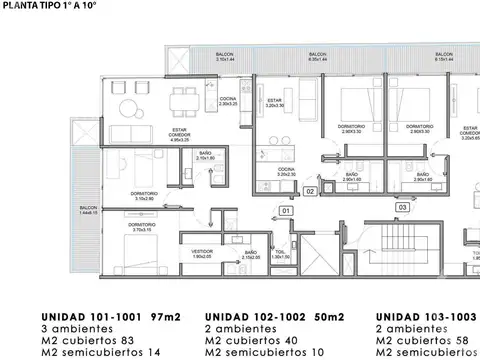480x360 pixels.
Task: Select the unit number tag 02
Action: pyautogui.click(x=310, y=190)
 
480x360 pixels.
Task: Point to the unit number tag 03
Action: pyautogui.click(x=402, y=207)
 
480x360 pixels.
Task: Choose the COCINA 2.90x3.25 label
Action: pyautogui.click(x=228, y=101)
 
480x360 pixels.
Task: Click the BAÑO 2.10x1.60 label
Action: pyautogui.click(x=206, y=157)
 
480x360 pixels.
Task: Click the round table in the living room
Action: pyautogui.click(x=127, y=108)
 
